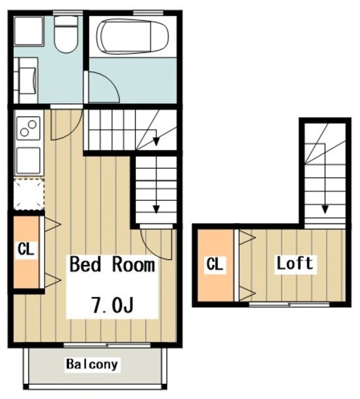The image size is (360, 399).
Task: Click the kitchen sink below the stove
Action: click(x=28, y=160)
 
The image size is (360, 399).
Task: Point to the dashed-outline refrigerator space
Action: click(x=29, y=195)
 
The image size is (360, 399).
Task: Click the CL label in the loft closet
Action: click(x=215, y=264)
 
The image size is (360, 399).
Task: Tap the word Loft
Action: click(x=295, y=263)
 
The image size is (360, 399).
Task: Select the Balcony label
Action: click(x=92, y=364)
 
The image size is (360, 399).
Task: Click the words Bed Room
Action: click(x=112, y=264)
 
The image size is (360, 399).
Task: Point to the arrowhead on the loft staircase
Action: click(x=324, y=209)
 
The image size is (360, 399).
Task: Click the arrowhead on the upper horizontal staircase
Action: click(x=156, y=141)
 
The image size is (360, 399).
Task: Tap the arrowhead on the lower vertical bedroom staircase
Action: click(x=156, y=209)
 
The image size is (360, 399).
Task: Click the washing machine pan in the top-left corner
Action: click(x=28, y=31)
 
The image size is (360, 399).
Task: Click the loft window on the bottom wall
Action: click(x=289, y=304)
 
